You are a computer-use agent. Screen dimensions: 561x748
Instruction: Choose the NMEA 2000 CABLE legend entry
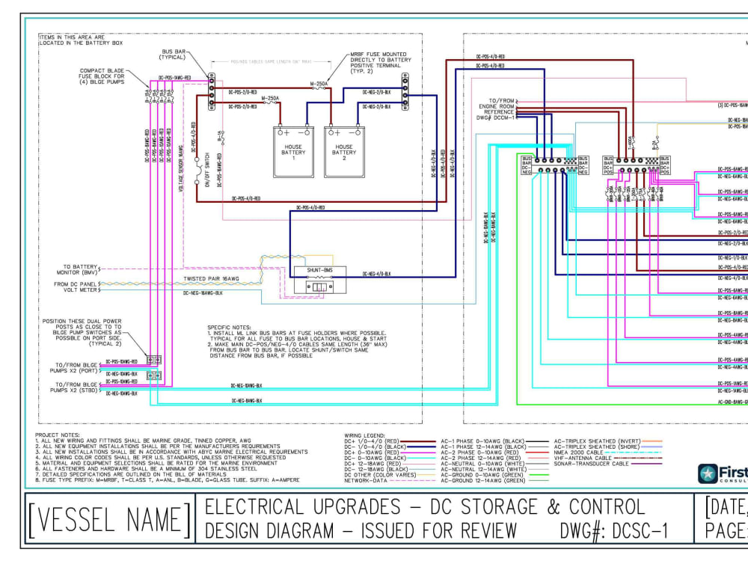[578, 453]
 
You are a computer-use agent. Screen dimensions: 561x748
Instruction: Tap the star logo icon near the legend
[708, 473]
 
